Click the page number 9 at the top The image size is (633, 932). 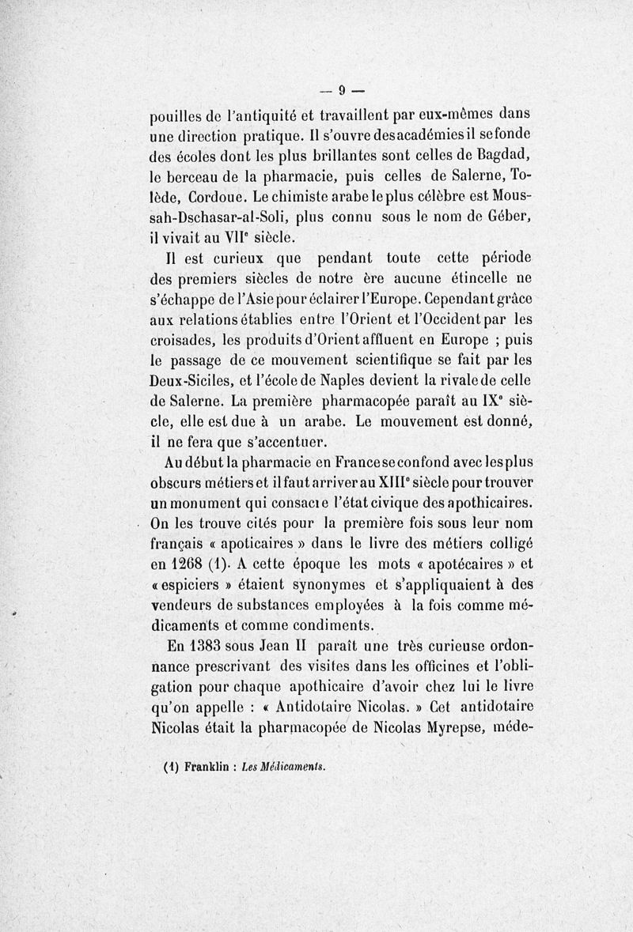tap(343, 89)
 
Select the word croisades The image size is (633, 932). tap(184, 342)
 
